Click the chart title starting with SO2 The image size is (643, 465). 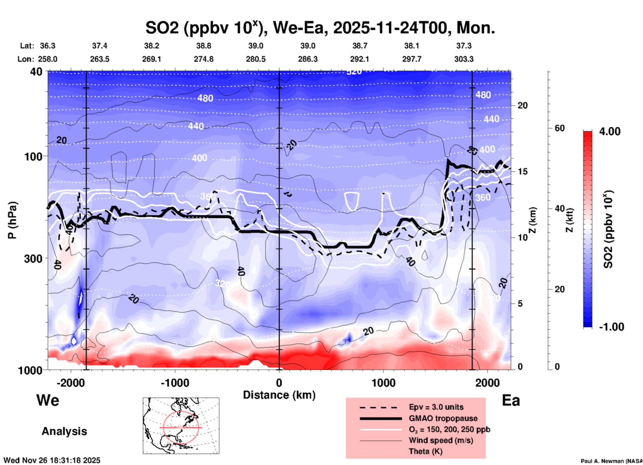tap(320, 28)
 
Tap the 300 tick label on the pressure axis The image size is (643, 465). tap(33, 259)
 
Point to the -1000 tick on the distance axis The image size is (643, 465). tap(175, 383)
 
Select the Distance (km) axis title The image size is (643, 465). tap(279, 395)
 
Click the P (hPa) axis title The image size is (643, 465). tap(12, 220)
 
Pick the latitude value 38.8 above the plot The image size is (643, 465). tap(204, 46)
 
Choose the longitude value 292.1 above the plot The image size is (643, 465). tap(360, 59)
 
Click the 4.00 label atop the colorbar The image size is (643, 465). tap(610, 131)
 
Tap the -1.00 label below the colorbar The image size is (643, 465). tap(611, 327)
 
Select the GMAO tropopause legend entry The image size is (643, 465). tap(443, 418)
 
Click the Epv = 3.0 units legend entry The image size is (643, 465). tap(436, 407)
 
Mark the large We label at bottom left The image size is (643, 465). tap(48, 400)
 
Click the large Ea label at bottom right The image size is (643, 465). tap(511, 400)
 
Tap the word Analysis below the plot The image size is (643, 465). tap(64, 431)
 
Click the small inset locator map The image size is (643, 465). tap(181, 426)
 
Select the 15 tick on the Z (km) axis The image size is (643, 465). tap(522, 171)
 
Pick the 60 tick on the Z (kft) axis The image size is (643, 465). tap(560, 128)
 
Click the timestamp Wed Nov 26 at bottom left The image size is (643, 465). tap(52, 460)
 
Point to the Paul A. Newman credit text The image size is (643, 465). tap(611, 461)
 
